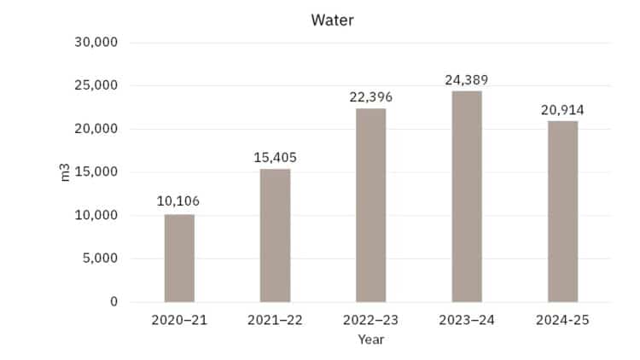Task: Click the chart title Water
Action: [x=332, y=20]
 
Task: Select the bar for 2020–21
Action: [x=179, y=258]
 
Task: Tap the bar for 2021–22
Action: [x=275, y=235]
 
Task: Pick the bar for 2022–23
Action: [x=370, y=205]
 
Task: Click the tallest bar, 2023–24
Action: [x=467, y=196]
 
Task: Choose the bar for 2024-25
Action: [x=562, y=211]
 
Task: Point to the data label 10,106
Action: [x=179, y=201]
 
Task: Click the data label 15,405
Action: [x=275, y=157]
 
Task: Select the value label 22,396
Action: [x=370, y=96]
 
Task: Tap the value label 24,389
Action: [x=467, y=80]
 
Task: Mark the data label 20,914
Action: [x=562, y=110]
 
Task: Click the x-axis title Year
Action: [x=370, y=339]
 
